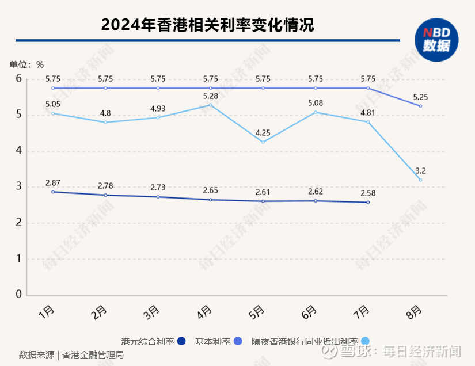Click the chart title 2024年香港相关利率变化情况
(x=208, y=25)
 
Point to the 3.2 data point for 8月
(x=421, y=180)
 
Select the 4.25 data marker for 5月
(x=263, y=142)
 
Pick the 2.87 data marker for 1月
(x=53, y=192)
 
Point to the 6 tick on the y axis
(x=18, y=78)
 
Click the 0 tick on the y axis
(x=18, y=294)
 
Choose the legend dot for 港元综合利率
(x=181, y=341)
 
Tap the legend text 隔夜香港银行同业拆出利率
(x=305, y=341)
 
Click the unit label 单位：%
(x=26, y=64)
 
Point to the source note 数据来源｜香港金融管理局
(x=71, y=354)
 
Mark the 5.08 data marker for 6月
(x=316, y=112)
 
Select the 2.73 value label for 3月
(x=158, y=187)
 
